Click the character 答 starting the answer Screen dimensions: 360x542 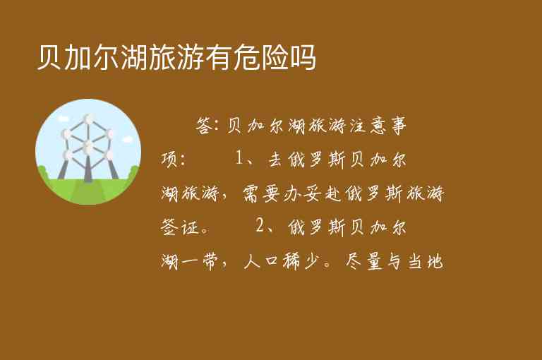204,126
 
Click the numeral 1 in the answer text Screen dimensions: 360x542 241,159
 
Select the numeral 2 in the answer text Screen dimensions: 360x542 260,227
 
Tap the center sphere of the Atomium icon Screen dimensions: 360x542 88,146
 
